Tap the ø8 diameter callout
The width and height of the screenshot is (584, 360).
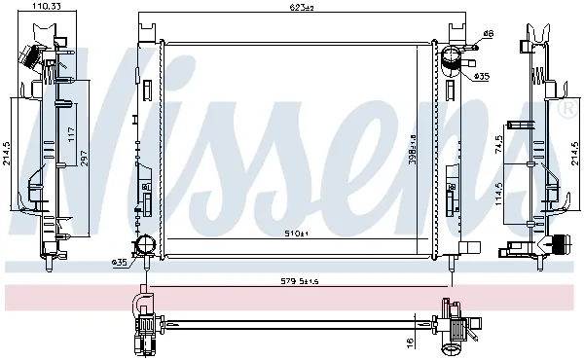tap(488, 35)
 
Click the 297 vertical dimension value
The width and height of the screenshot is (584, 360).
tap(83, 159)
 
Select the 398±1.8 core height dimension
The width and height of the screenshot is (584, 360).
tap(413, 135)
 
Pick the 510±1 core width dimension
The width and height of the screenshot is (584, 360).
tap(297, 233)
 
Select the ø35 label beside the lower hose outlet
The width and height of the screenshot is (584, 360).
tap(120, 262)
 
